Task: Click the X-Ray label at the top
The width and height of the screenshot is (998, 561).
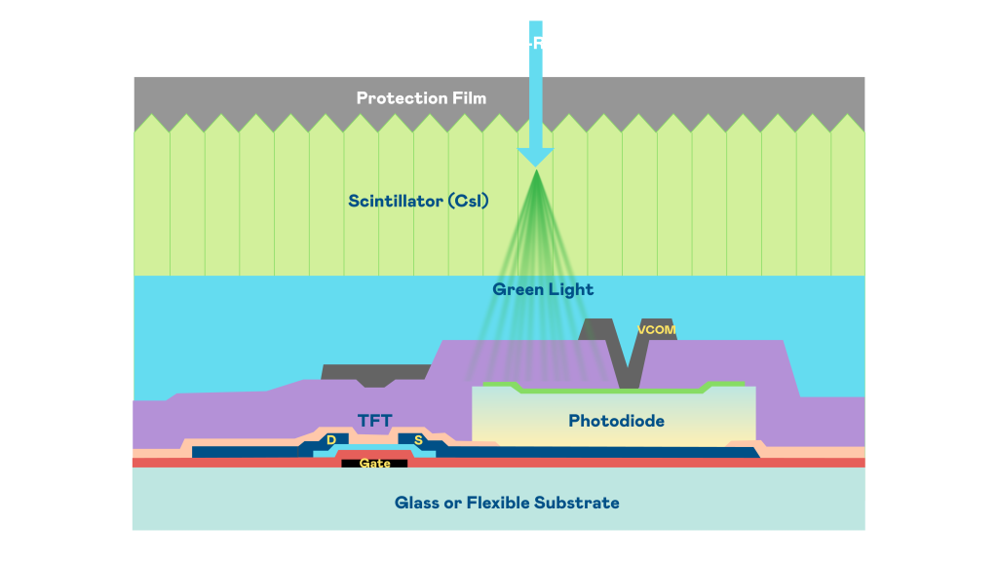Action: [x=538, y=43]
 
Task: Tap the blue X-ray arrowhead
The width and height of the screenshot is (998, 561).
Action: [x=535, y=158]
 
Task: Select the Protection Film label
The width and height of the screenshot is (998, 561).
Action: [x=421, y=97]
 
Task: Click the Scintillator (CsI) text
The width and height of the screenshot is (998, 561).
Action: [x=418, y=202]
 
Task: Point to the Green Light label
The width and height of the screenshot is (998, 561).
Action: [x=543, y=289]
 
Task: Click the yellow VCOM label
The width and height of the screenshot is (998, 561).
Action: [x=656, y=329]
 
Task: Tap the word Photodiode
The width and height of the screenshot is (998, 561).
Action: [x=616, y=421]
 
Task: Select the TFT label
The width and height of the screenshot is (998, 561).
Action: [x=374, y=421]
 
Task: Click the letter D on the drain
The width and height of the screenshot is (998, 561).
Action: [x=331, y=440]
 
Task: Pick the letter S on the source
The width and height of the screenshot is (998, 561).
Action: [x=418, y=440]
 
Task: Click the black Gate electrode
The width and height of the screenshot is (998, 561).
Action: [x=374, y=464]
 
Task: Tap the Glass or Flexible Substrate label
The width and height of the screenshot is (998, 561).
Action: [x=507, y=503]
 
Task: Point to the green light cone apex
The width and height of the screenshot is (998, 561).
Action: [x=535, y=172]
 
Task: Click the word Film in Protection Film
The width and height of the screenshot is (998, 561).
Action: [x=468, y=97]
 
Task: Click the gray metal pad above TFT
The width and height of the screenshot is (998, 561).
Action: [x=375, y=373]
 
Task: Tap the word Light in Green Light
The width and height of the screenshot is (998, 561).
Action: [x=572, y=289]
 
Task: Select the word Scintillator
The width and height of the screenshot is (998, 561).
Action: [x=393, y=202]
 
